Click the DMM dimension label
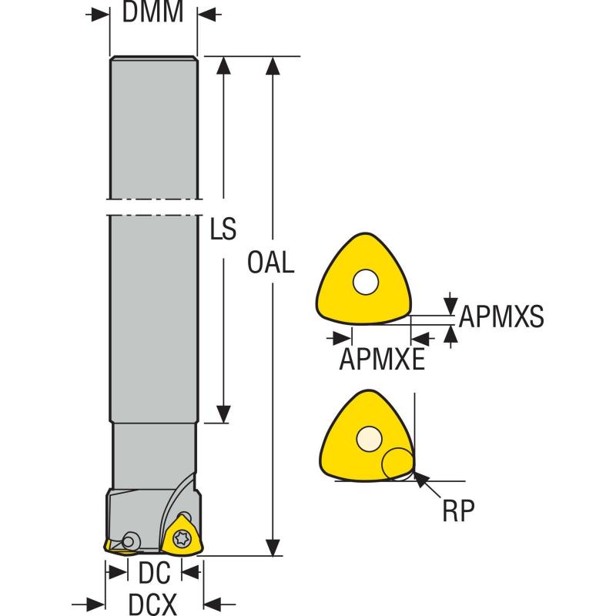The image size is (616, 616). pyautogui.click(x=154, y=13)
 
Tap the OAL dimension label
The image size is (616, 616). pyautogui.click(x=272, y=263)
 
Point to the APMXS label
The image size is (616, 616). pyautogui.click(x=501, y=316)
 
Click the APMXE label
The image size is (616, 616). pyautogui.click(x=382, y=359)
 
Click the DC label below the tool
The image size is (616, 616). pyautogui.click(x=153, y=572)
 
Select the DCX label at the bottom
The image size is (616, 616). pyautogui.click(x=153, y=603)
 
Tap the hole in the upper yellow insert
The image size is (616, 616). pyautogui.click(x=364, y=283)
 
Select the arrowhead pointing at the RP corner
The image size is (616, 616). pyautogui.click(x=419, y=479)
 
